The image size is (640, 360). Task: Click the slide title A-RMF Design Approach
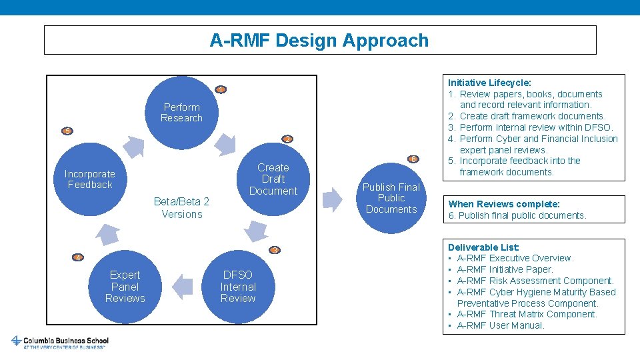319,40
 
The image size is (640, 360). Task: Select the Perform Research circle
181,112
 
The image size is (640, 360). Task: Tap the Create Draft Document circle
273,179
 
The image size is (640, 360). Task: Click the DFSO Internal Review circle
238,286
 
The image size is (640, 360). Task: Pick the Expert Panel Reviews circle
125,286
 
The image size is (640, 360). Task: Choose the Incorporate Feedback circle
90,179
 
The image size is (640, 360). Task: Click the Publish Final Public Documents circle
391,198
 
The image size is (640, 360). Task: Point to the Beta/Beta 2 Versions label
181,208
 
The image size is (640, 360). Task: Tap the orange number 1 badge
221,90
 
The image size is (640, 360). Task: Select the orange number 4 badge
78,257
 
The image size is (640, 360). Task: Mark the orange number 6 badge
413,159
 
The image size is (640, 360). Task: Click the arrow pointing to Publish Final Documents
332,199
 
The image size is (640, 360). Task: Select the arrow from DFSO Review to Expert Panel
182,287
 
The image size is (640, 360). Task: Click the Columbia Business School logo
59,342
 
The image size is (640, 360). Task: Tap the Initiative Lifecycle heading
489,83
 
